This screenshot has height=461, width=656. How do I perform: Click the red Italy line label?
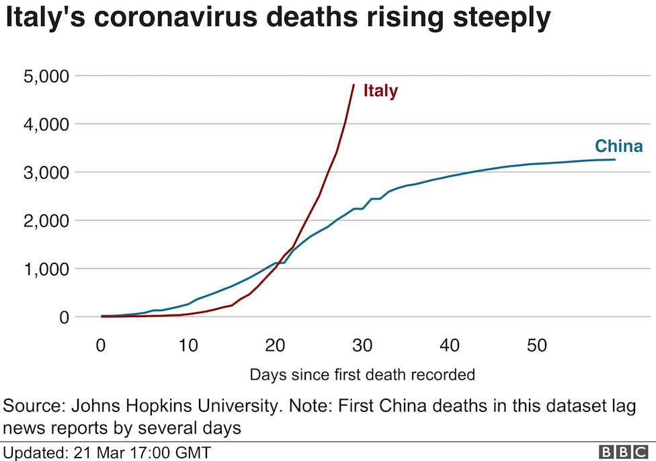pos(380,91)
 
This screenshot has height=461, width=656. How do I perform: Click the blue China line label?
pos(618,146)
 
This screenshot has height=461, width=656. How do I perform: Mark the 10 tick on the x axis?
pos(188,346)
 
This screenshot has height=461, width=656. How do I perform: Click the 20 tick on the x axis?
pos(275,346)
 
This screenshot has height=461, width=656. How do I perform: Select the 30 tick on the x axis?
pos(362,346)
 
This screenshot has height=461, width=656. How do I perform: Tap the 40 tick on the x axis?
pos(449,346)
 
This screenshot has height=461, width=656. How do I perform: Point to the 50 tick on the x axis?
pos(536,346)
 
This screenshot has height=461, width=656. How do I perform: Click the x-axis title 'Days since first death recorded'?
pos(362,374)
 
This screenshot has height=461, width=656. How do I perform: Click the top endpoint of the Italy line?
pos(354,85)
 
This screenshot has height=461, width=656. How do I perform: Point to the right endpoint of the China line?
pos(614,159)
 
